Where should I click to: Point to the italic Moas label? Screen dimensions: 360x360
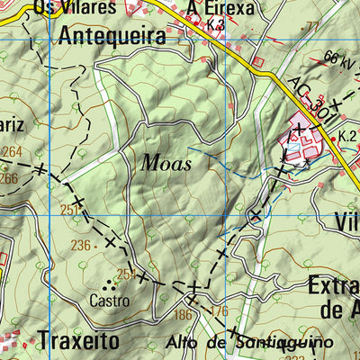point(161,163)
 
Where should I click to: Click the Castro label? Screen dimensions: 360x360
point(109,299)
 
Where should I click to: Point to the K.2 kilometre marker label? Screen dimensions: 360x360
point(348,136)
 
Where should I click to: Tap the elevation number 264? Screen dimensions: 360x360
point(13,151)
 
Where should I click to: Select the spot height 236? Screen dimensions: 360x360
point(81,245)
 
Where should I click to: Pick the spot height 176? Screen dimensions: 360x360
point(217,312)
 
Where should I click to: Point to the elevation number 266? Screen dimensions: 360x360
point(9,178)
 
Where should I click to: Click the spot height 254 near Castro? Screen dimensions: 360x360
point(125,274)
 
